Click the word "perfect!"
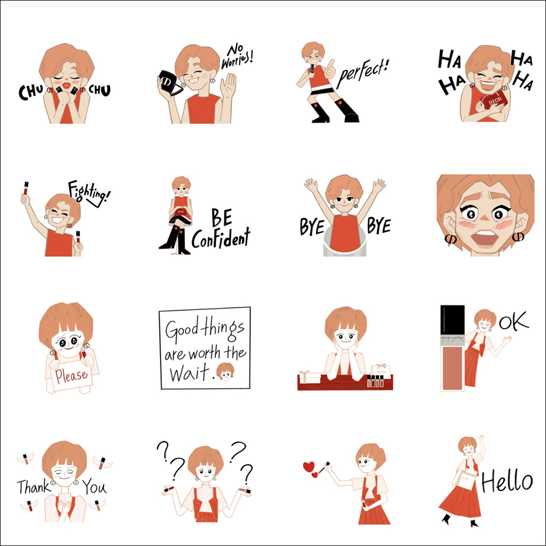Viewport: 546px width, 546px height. pos(363,74)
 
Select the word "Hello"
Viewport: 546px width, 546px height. pos(507,480)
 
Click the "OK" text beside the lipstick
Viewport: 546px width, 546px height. pos(514,322)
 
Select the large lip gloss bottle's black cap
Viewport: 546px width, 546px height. pos(452,320)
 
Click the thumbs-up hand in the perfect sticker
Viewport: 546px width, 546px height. pos(329,70)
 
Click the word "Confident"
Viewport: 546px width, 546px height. pos(221,238)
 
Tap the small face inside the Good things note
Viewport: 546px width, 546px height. pos(225,371)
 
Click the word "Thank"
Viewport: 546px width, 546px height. pos(33,487)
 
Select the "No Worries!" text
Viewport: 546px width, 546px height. pos(238,56)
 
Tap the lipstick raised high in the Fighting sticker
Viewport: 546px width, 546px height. pos(26,188)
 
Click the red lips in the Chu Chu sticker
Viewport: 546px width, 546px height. pos(66,85)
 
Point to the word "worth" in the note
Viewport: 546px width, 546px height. pos(205,353)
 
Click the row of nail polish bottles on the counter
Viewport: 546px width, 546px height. pos(375,381)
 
